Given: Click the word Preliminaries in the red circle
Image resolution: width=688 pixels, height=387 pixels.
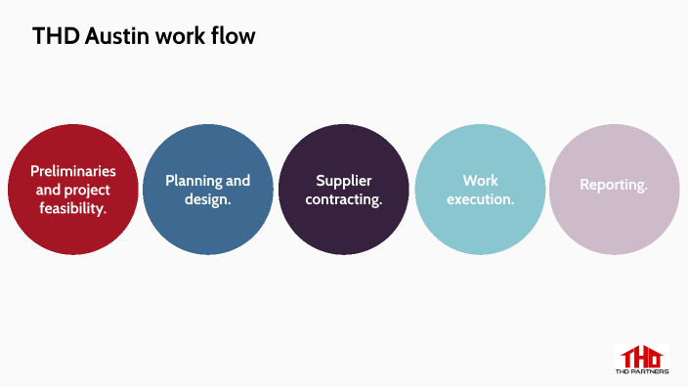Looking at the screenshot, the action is [x=72, y=170].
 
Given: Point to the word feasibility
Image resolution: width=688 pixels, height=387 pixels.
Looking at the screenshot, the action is [x=72, y=207].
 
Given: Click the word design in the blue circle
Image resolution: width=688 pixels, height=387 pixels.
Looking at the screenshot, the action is [x=205, y=199].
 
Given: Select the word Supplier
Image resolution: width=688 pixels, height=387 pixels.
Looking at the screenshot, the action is [x=343, y=180].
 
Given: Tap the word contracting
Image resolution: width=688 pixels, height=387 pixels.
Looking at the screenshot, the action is [x=342, y=199].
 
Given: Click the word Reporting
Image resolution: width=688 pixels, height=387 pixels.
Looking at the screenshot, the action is [x=613, y=185].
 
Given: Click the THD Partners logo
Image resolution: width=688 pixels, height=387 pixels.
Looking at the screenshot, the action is [x=640, y=355].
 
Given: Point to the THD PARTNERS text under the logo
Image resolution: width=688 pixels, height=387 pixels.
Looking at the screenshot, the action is [x=640, y=372].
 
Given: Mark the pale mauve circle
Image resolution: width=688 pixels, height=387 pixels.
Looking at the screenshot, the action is [x=614, y=225].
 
